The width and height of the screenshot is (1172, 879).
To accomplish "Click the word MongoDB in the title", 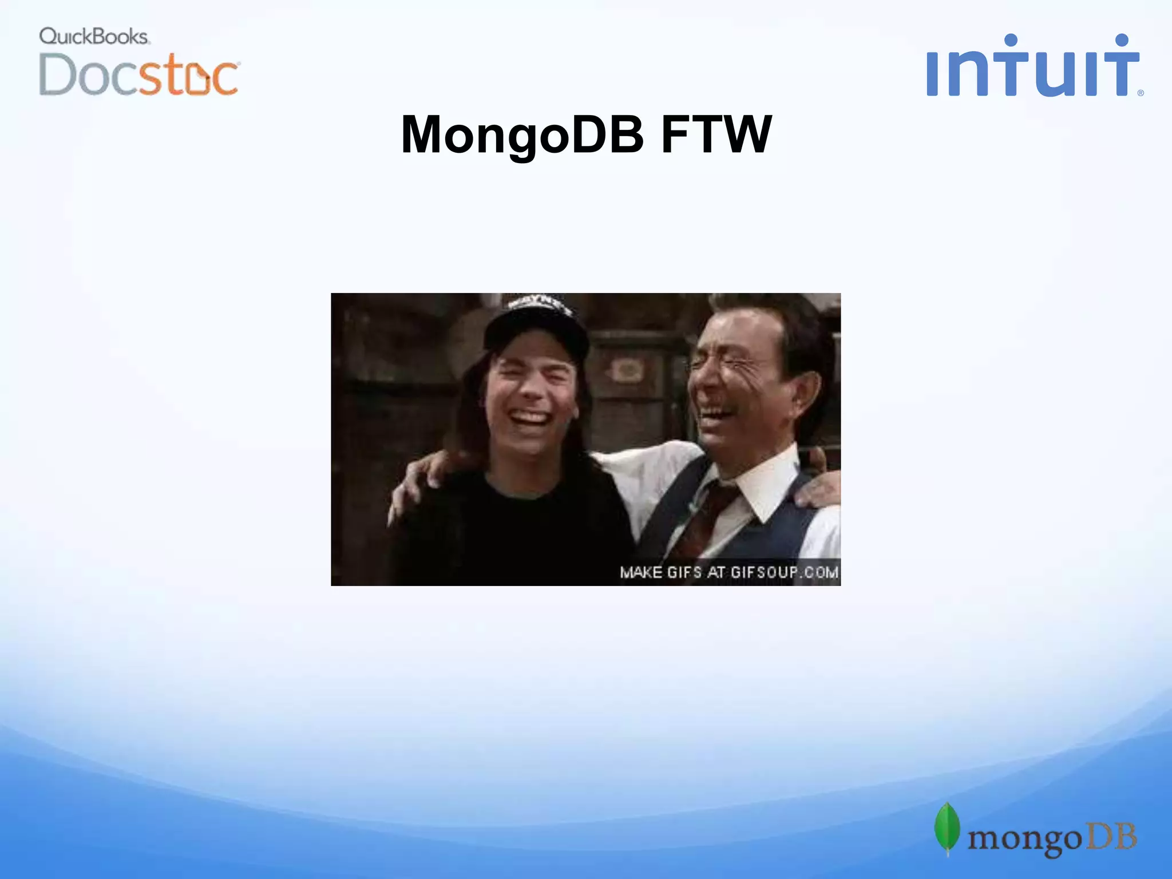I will click(x=522, y=135).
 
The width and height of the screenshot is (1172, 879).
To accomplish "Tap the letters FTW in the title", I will click(x=716, y=135).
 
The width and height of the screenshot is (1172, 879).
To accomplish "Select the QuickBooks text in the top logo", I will click(x=94, y=37).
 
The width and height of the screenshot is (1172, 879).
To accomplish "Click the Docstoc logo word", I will click(x=139, y=74).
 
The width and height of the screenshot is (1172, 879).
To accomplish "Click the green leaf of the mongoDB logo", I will click(x=947, y=828).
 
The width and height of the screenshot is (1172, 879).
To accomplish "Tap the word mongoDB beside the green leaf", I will click(x=1052, y=838).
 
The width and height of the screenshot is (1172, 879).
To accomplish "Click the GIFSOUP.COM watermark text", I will click(x=784, y=572).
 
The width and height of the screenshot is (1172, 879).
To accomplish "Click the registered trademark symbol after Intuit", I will click(x=1141, y=93).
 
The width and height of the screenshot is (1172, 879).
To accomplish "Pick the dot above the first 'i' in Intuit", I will click(x=1011, y=40).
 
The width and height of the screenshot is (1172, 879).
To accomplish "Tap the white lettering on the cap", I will click(x=541, y=304).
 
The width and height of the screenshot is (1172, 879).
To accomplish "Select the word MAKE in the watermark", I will click(x=641, y=572).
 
